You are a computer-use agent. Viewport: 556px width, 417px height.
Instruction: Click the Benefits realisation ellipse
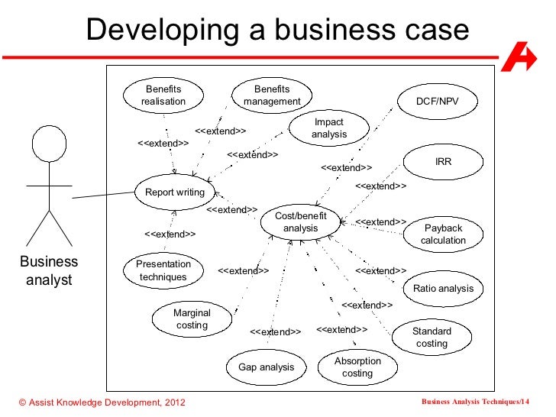pos(163,95)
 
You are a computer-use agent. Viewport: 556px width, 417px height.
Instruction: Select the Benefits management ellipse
pos(272,95)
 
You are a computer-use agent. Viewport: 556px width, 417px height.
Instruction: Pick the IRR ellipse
pos(444,162)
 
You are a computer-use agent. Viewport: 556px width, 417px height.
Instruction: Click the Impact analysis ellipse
pos(328,128)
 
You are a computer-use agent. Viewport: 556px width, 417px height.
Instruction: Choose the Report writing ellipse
pos(175,192)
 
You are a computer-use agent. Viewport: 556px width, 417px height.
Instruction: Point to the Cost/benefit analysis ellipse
pos(300,222)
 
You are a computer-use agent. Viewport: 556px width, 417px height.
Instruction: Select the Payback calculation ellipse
pos(443,234)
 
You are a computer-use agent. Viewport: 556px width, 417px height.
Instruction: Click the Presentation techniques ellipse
pos(163,270)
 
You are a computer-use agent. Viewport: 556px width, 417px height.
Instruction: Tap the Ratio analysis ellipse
pos(443,289)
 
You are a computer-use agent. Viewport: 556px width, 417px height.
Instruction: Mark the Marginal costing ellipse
pos(192,318)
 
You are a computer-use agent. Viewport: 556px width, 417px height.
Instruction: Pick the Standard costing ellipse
pos(432,337)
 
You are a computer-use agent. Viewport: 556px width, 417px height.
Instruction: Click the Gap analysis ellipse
pos(266,367)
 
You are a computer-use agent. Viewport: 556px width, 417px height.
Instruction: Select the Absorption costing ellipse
pos(357,367)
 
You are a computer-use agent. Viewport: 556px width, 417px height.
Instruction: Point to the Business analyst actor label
pos(49,270)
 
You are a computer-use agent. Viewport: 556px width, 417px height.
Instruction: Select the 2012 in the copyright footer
pos(173,402)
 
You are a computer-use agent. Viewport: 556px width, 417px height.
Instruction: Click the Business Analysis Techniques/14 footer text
pos(474,402)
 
